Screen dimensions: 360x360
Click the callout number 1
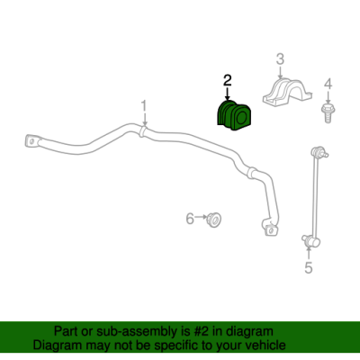pos(144,106)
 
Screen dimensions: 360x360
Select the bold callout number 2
pos(227,81)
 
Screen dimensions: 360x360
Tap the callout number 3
pos(280,59)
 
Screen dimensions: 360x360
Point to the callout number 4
pos(328,84)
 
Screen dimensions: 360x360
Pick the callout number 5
pos(309,267)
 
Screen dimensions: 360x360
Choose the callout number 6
pos(190,219)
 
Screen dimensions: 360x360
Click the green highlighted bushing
pos(234,115)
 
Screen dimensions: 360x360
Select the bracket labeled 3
pos(287,93)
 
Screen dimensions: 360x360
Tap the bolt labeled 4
pos(328,112)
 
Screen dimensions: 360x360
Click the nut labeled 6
pos(213,220)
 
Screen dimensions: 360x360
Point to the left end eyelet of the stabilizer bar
pos(31,141)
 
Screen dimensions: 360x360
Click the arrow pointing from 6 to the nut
pos(201,217)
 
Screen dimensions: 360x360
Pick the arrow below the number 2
pos(227,94)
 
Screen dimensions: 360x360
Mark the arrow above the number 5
pos(309,253)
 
